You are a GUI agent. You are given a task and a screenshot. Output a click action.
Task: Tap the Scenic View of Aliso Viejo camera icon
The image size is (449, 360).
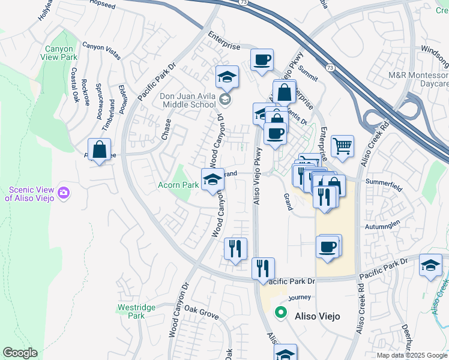[x=64, y=193]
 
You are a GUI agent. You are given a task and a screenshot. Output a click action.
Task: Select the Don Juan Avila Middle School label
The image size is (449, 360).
[x=187, y=100]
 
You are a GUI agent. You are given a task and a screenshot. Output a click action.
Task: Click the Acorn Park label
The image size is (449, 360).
[x=178, y=185]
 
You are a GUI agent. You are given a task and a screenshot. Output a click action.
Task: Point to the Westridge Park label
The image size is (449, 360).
[x=136, y=311]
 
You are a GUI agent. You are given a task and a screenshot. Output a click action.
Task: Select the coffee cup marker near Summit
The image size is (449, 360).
[x=262, y=60]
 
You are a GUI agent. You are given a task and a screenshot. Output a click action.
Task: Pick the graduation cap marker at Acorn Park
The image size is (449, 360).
[x=211, y=179]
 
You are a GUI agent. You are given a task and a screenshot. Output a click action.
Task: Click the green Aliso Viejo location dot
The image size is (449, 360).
[x=280, y=312]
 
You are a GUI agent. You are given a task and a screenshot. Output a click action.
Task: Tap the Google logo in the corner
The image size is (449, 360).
[x=20, y=353]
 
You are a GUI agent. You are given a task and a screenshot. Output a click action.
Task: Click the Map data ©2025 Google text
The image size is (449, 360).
[x=412, y=355]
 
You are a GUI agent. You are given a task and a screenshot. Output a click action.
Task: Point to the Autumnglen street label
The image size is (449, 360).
[x=382, y=227]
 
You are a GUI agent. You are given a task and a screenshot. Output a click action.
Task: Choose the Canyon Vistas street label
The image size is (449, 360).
[x=101, y=46]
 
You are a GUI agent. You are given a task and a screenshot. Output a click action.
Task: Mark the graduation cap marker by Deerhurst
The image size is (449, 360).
[x=430, y=265]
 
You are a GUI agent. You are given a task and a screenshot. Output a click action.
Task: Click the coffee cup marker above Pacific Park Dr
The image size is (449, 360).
[x=328, y=247]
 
